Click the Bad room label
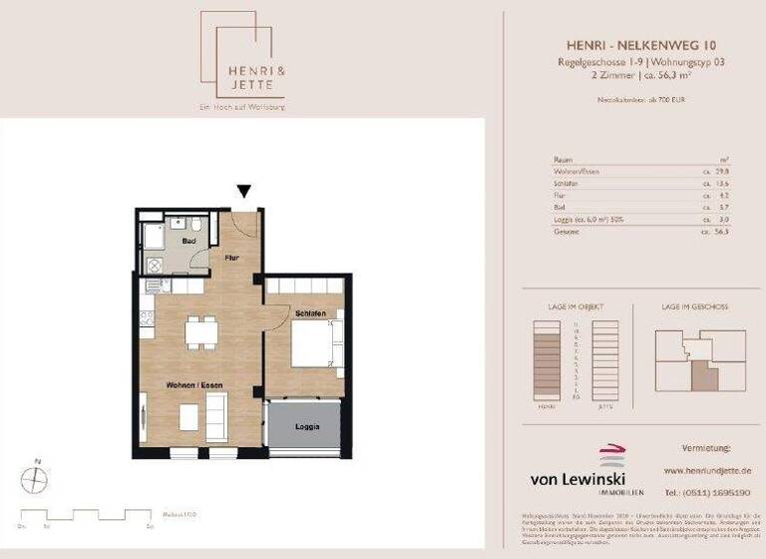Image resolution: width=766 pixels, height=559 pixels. [188, 241]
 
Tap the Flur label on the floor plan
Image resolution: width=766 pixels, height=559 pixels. [231, 258]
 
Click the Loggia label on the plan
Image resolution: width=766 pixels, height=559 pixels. [307, 427]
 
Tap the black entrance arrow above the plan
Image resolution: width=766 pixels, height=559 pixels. [243, 192]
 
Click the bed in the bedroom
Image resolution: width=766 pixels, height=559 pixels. [315, 345]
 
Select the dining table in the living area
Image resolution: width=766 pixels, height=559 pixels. [201, 329]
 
